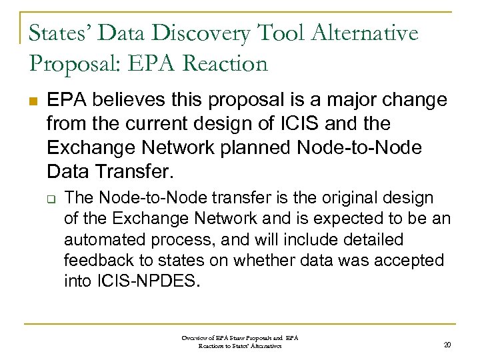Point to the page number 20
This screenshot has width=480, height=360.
(x=447, y=345)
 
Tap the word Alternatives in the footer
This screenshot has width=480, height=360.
(x=267, y=346)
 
